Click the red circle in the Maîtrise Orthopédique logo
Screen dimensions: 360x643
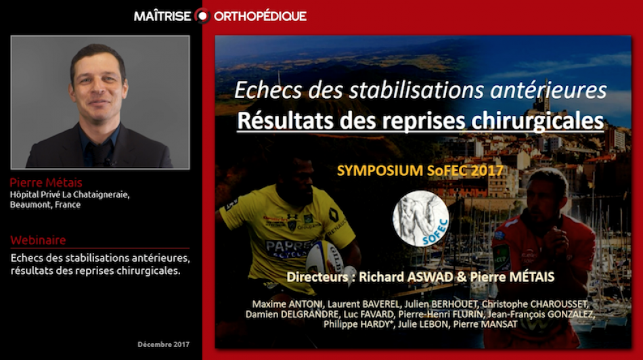point(202,16)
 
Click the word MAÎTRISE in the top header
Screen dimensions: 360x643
point(162,16)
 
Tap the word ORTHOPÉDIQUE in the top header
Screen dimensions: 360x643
point(260,16)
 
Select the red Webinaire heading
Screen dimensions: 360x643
point(38,240)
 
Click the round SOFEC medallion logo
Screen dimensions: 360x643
point(421,217)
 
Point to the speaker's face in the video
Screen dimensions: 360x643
point(99,85)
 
